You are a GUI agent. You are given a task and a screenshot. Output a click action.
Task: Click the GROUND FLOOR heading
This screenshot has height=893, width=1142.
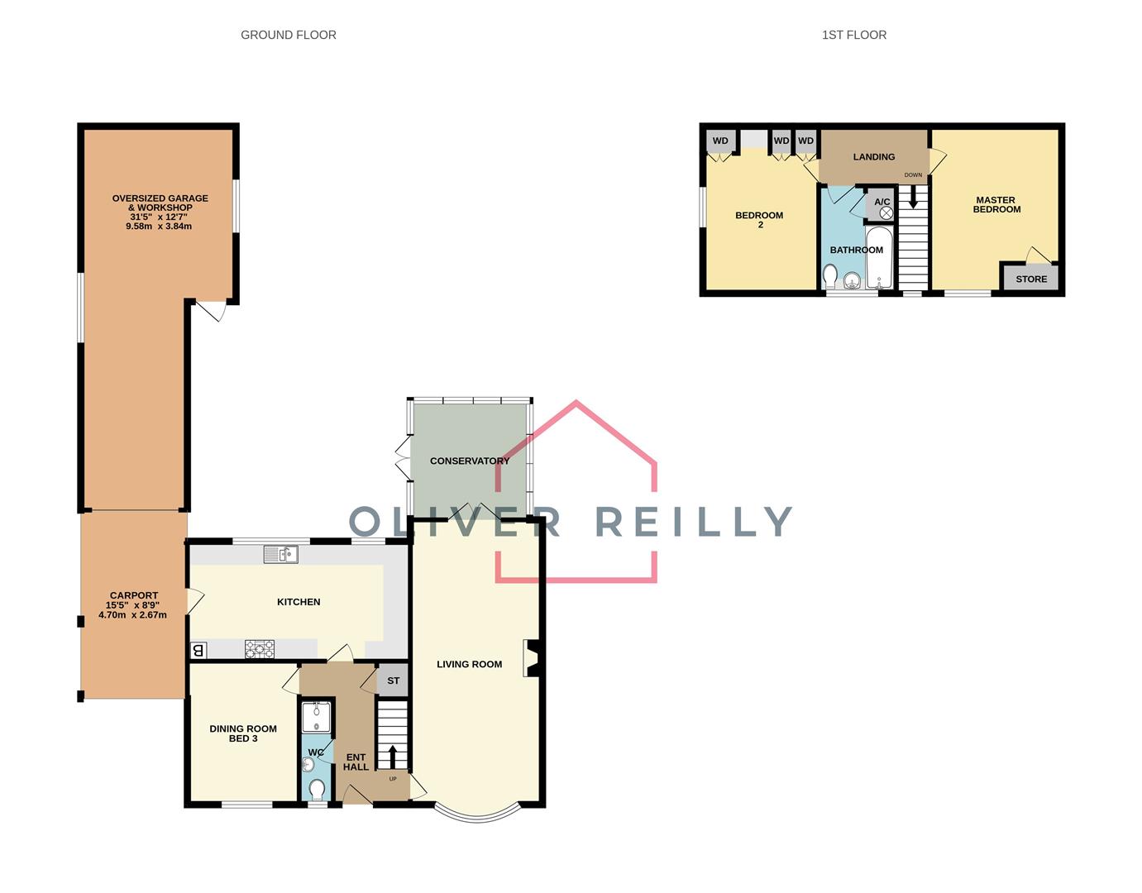pos(288,35)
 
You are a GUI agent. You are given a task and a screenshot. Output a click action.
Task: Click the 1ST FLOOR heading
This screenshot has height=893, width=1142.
pos(853,35)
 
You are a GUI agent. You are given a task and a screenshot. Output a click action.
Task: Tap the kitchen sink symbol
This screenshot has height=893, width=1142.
pos(281,554)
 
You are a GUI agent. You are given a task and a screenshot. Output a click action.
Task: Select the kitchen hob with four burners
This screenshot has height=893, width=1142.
pos(260,650)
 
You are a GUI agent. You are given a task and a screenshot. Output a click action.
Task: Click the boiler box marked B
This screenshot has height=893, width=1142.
pos(198,651)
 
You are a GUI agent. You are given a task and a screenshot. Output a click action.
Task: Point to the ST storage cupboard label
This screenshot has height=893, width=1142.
pos(394,680)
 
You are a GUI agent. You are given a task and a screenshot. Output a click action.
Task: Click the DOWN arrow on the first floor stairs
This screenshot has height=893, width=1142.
pos(913,197)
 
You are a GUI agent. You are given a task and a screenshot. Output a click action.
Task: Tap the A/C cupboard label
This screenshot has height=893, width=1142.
pos(882,202)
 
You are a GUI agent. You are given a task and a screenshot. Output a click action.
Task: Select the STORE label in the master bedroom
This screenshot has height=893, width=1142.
pos(1031,279)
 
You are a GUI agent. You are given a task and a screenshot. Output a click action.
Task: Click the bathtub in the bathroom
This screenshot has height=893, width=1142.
pos(878,258)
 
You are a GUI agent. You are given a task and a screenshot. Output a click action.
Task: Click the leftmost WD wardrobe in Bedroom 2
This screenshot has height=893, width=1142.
pos(720,141)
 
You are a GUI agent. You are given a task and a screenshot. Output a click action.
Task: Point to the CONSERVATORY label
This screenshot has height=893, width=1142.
pos(470,461)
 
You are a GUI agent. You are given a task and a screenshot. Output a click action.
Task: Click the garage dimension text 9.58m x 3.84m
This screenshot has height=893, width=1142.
pos(159,226)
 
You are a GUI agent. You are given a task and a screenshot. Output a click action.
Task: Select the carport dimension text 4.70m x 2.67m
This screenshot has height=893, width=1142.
pos(133,614)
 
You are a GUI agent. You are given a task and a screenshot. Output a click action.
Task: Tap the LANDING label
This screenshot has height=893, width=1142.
pos(874,156)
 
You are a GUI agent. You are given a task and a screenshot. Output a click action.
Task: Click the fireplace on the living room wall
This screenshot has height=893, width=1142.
pos(530,659)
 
